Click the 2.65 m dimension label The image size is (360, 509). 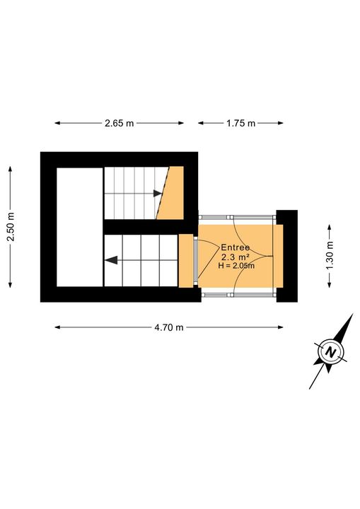(119, 123)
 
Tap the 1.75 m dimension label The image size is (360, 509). (240, 123)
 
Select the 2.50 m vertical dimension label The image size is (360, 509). (11, 228)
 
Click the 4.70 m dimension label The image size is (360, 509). (169, 327)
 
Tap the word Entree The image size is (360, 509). (236, 247)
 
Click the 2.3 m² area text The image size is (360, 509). (236, 257)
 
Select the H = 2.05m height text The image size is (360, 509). (236, 267)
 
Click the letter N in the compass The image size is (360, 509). (330, 351)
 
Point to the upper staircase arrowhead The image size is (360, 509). (156, 192)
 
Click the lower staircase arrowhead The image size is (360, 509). (110, 260)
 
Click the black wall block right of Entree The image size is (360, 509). (286, 255)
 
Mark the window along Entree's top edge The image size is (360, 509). (236, 217)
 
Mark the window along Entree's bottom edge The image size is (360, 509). (236, 292)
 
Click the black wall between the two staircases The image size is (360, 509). (141, 226)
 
